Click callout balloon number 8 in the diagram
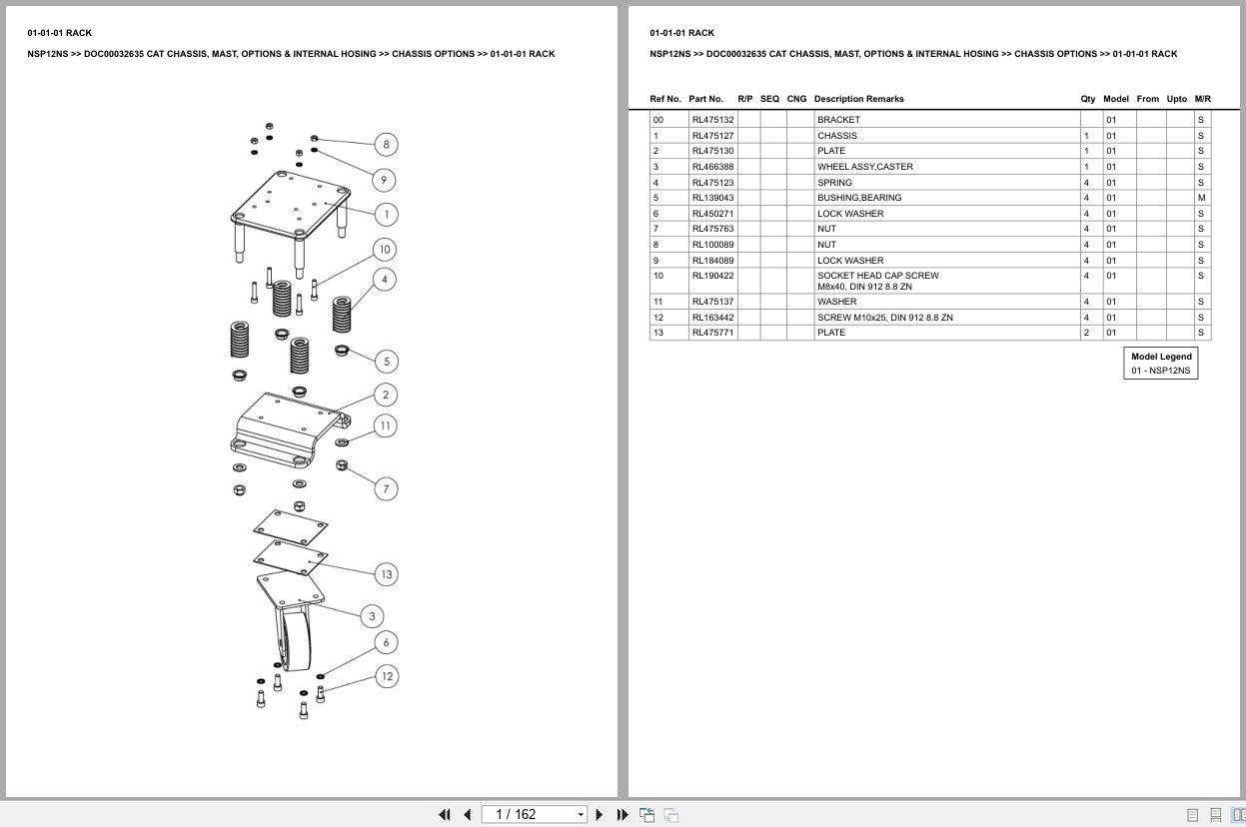387,145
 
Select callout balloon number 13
386,574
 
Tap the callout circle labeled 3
372,616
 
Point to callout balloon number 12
387,676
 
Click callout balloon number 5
387,362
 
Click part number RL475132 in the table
712,120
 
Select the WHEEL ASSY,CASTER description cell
864,167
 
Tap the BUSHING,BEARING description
858,198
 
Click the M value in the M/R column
1201,198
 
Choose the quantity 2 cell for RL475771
1086,333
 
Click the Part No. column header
705,99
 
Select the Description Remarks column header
858,99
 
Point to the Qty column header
1087,99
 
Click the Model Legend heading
1161,357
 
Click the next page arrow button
600,814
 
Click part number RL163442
712,318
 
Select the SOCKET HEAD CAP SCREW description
877,276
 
